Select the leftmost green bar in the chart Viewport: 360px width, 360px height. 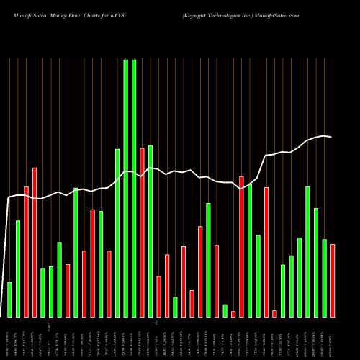9,300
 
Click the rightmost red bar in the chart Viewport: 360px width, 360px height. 333,281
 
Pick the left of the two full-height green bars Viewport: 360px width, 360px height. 125,188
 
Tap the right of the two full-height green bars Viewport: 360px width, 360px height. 134,188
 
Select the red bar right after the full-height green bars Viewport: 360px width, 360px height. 142,233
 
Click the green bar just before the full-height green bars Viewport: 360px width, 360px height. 117,233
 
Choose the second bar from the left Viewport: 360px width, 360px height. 18,269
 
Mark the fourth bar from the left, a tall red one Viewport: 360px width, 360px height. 35,242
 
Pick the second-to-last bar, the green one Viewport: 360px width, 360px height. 324,278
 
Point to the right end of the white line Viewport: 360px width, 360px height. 331,137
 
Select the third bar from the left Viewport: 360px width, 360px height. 26,252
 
